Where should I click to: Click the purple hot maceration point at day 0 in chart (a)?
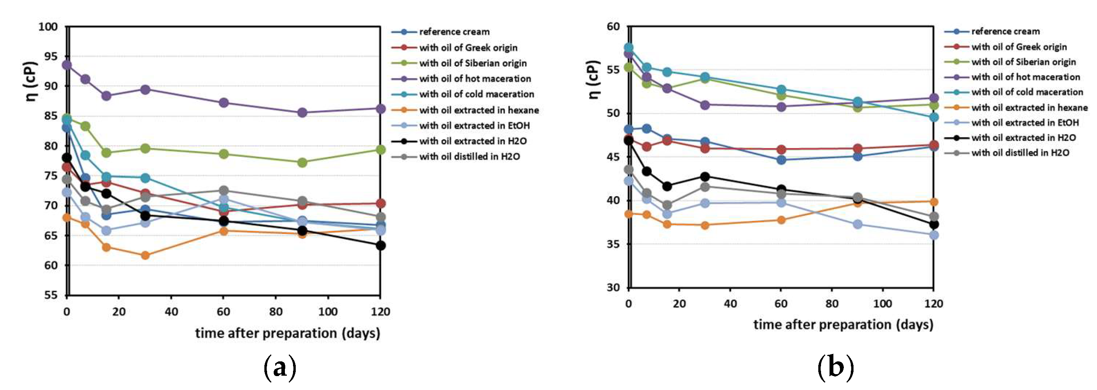[67, 65]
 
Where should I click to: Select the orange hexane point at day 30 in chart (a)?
[145, 255]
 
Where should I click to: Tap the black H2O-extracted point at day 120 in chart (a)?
[380, 246]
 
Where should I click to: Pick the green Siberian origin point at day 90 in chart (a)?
[302, 162]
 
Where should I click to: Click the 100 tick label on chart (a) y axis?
[48, 27]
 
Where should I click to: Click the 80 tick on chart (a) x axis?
[276, 312]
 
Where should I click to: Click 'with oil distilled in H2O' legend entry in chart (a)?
[469, 157]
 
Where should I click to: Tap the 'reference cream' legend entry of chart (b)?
[1005, 31]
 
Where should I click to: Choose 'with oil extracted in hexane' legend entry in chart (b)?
[1029, 108]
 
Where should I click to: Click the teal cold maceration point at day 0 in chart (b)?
[629, 48]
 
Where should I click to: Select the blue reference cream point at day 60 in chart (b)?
[781, 160]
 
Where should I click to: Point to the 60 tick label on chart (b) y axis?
[613, 26]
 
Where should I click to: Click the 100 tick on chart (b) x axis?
[883, 304]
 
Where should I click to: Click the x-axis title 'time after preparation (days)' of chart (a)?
[288, 333]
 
